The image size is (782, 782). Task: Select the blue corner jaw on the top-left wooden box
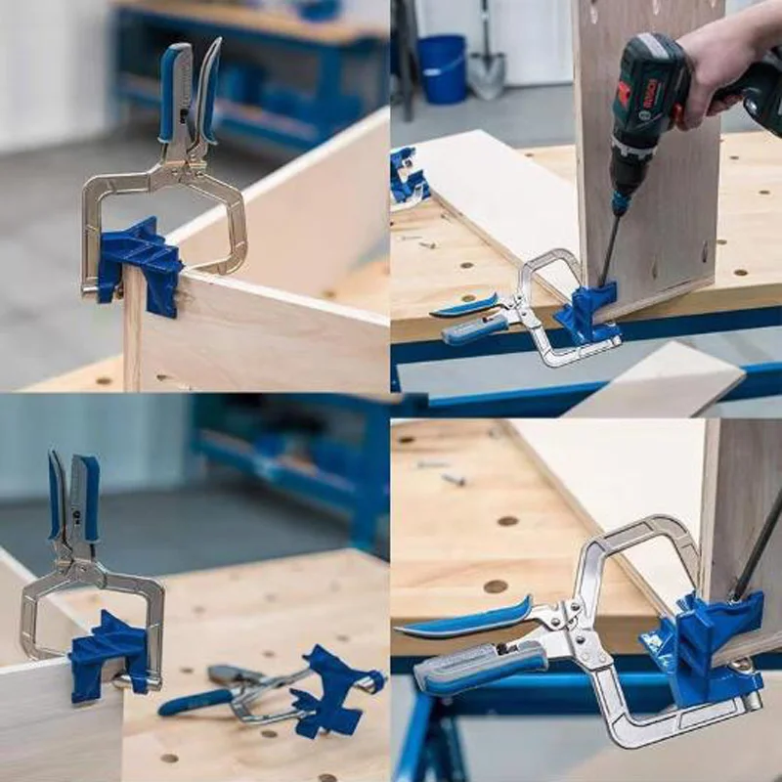coord(142,258)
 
